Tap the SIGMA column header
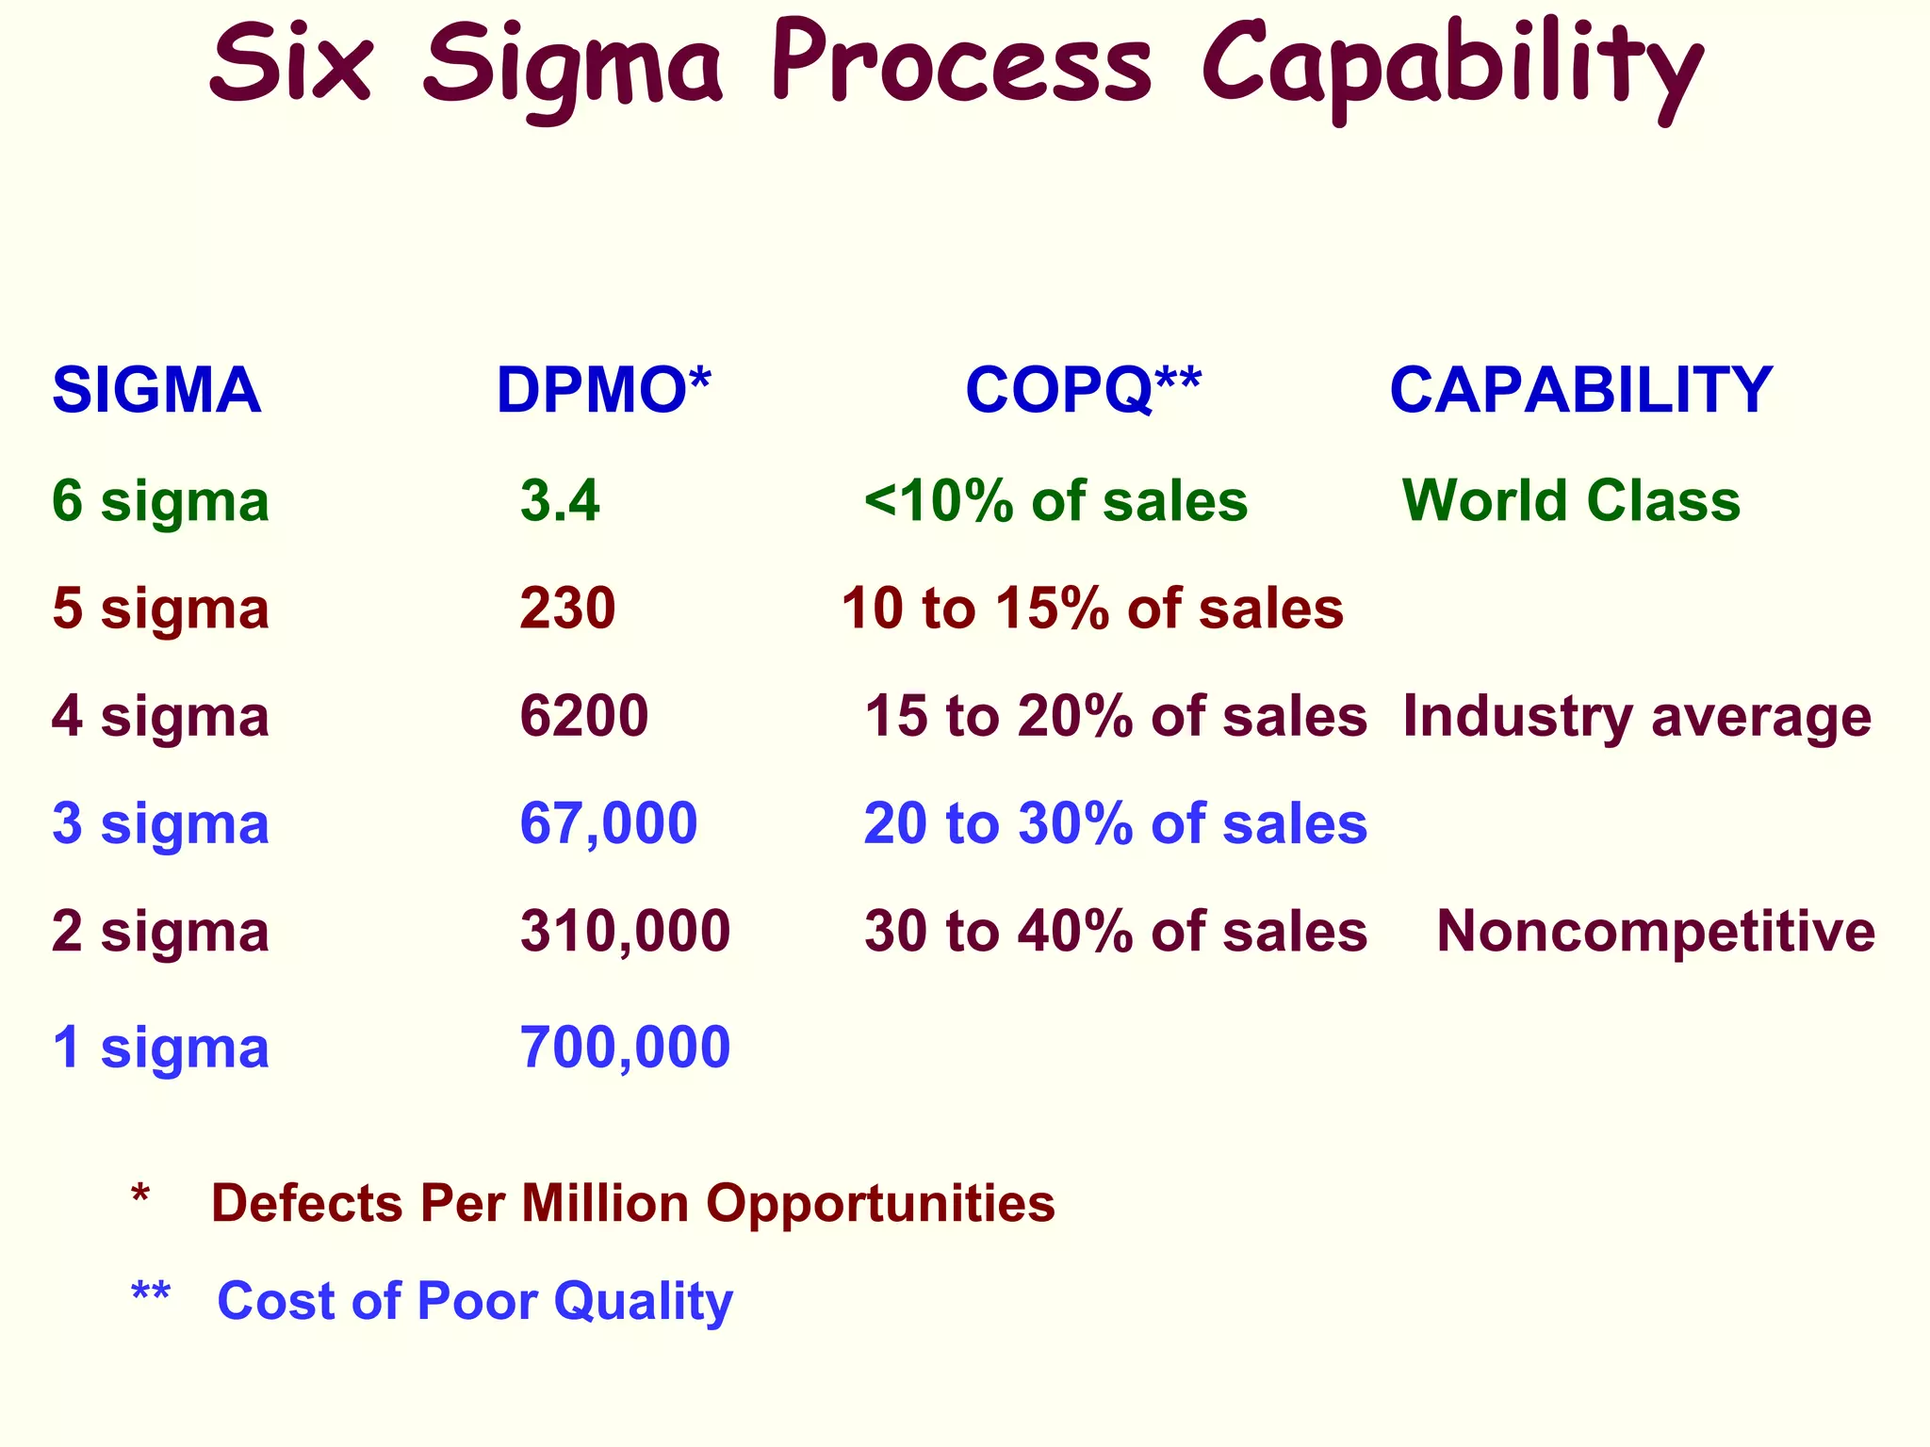pyautogui.click(x=156, y=390)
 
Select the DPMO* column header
pyautogui.click(x=603, y=390)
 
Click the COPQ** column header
pyautogui.click(x=1084, y=390)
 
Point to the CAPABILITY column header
pyautogui.click(x=1581, y=390)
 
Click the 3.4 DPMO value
pyautogui.click(x=560, y=500)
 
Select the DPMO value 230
pyautogui.click(x=567, y=608)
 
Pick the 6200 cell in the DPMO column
pyautogui.click(x=584, y=716)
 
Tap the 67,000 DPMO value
pyautogui.click(x=609, y=823)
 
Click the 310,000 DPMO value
pyautogui.click(x=625, y=931)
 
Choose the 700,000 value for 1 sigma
pyautogui.click(x=625, y=1047)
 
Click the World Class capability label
pyautogui.click(x=1571, y=500)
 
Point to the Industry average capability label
pyautogui.click(x=1637, y=716)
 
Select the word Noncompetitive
pyautogui.click(x=1656, y=931)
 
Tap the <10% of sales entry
pyautogui.click(x=1055, y=500)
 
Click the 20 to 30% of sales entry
pyautogui.click(x=1115, y=823)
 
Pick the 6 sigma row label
pyautogui.click(x=160, y=500)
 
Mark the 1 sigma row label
pyautogui.click(x=160, y=1047)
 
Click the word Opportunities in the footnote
pyautogui.click(x=880, y=1204)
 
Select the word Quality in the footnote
pyautogui.click(x=643, y=1302)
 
